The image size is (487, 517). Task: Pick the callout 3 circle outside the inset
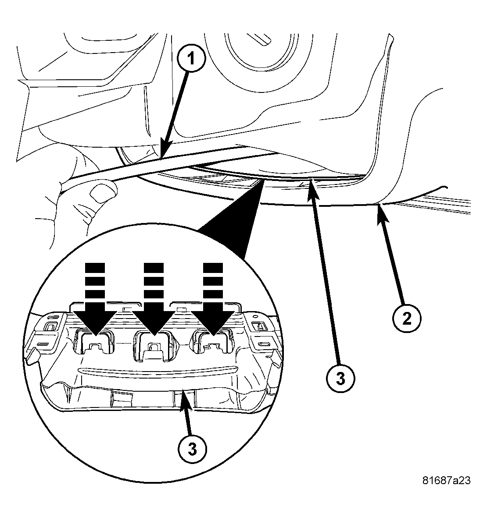coord(340,378)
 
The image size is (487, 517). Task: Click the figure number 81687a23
coord(446,481)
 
